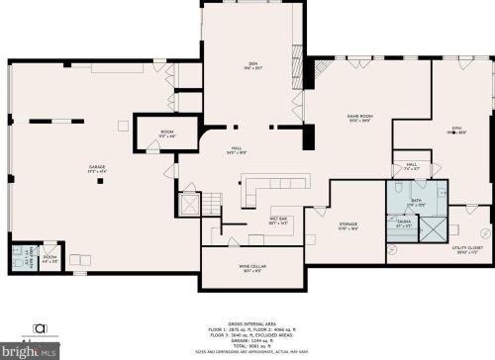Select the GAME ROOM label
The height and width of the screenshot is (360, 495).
(x=358, y=118)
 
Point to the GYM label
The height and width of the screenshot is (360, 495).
(x=457, y=129)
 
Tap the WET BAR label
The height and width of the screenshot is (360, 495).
(x=278, y=221)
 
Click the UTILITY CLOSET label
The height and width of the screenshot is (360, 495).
(x=464, y=251)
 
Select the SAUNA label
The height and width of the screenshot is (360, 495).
(x=403, y=225)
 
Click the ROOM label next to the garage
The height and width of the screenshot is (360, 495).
(x=167, y=133)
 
